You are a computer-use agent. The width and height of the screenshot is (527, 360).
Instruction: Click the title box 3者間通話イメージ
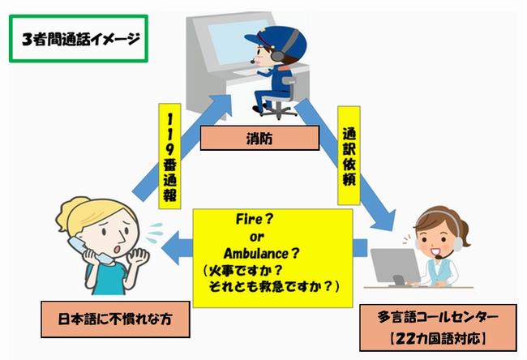click(x=78, y=37)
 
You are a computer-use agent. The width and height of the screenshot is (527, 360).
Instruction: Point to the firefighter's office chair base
click(x=272, y=111)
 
